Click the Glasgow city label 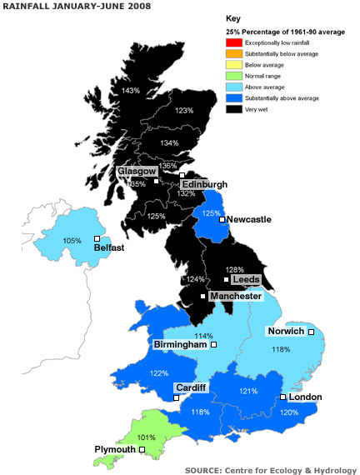coord(137,170)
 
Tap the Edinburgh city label coord(204,184)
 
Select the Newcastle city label coord(249,219)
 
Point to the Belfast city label coord(110,247)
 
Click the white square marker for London coord(282,397)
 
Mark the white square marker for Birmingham coord(213,344)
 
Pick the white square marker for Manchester coord(203,296)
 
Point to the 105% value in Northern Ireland coord(72,241)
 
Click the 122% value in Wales coord(158,372)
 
